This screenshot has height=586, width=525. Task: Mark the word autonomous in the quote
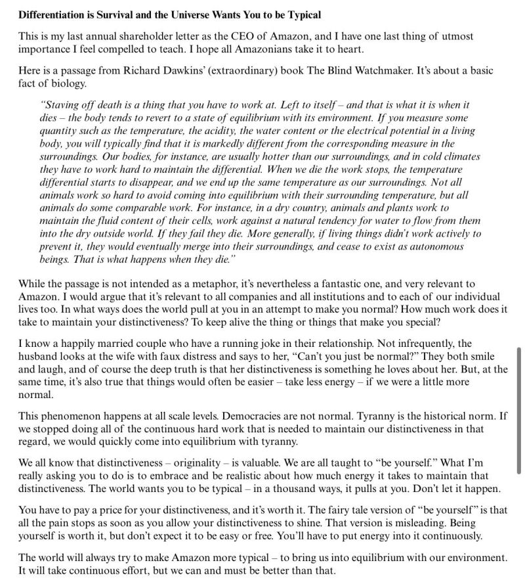pyautogui.click(x=436, y=247)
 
